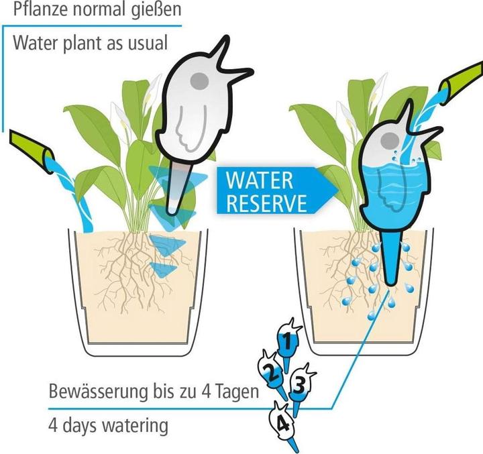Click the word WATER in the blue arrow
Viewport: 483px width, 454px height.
coord(260,180)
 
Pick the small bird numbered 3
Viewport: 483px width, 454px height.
coord(300,384)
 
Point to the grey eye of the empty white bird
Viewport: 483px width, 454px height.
coord(199,80)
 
